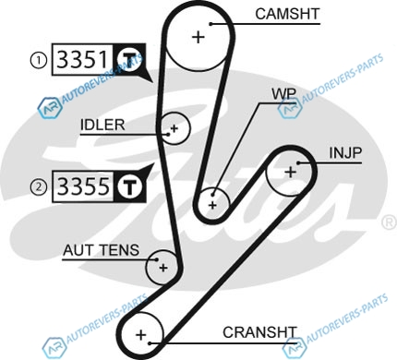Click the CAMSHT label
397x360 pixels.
coord(287,14)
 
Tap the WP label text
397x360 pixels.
coord(284,94)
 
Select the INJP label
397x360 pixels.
coord(345,153)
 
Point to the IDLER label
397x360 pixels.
coord(102,125)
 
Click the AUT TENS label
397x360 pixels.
coord(102,250)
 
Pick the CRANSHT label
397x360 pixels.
coord(259,332)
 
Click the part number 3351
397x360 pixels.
coord(83,60)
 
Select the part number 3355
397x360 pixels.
coord(83,186)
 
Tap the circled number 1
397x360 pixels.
coord(38,60)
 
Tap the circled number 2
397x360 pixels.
coord(38,186)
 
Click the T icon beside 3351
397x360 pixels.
coord(129,59)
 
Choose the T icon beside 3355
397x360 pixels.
coord(129,186)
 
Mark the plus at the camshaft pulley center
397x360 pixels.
coord(198,37)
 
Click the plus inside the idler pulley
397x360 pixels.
coord(174,128)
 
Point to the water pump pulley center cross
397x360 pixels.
coord(212,205)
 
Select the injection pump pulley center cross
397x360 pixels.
coord(290,173)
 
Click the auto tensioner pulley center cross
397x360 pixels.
coord(163,268)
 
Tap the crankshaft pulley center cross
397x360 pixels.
coord(141,335)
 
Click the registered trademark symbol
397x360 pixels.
coord(389,222)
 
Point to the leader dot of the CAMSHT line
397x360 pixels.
coord(211,24)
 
